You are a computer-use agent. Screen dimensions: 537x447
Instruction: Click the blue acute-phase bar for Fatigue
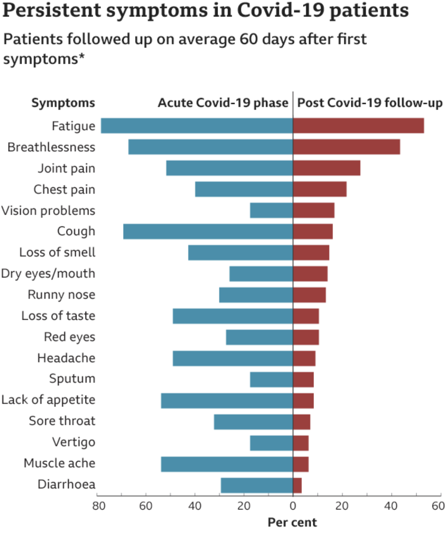click(x=197, y=126)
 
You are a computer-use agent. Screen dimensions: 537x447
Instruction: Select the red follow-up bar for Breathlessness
click(x=346, y=147)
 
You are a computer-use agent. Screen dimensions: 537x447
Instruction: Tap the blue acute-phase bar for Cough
click(x=208, y=232)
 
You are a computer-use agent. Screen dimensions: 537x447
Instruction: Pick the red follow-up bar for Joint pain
click(x=326, y=168)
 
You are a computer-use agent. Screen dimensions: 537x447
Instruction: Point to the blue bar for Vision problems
click(x=271, y=211)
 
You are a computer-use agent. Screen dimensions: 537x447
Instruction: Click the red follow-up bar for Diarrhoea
click(x=298, y=485)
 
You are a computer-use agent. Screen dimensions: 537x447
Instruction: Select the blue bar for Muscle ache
click(x=227, y=464)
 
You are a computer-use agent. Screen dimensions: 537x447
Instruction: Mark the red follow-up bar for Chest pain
click(x=319, y=189)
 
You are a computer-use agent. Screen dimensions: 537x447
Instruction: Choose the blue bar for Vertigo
click(x=271, y=443)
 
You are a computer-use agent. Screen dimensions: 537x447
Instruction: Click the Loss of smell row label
click(x=57, y=252)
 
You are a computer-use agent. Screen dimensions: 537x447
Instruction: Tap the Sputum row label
click(x=72, y=379)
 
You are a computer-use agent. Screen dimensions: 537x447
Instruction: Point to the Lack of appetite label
click(x=48, y=400)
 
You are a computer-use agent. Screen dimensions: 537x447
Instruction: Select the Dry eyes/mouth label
click(x=48, y=274)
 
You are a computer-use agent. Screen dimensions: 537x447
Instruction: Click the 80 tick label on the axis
click(x=99, y=506)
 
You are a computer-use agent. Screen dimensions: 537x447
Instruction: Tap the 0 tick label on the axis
click(x=293, y=506)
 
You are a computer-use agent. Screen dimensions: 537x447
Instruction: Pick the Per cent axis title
click(x=292, y=522)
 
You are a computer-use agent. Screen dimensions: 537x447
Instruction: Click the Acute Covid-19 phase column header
click(x=223, y=103)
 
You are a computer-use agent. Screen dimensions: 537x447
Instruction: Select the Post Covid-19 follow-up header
click(x=370, y=103)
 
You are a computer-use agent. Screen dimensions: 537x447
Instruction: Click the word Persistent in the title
click(x=52, y=10)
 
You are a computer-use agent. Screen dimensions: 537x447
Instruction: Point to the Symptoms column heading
click(x=63, y=103)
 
